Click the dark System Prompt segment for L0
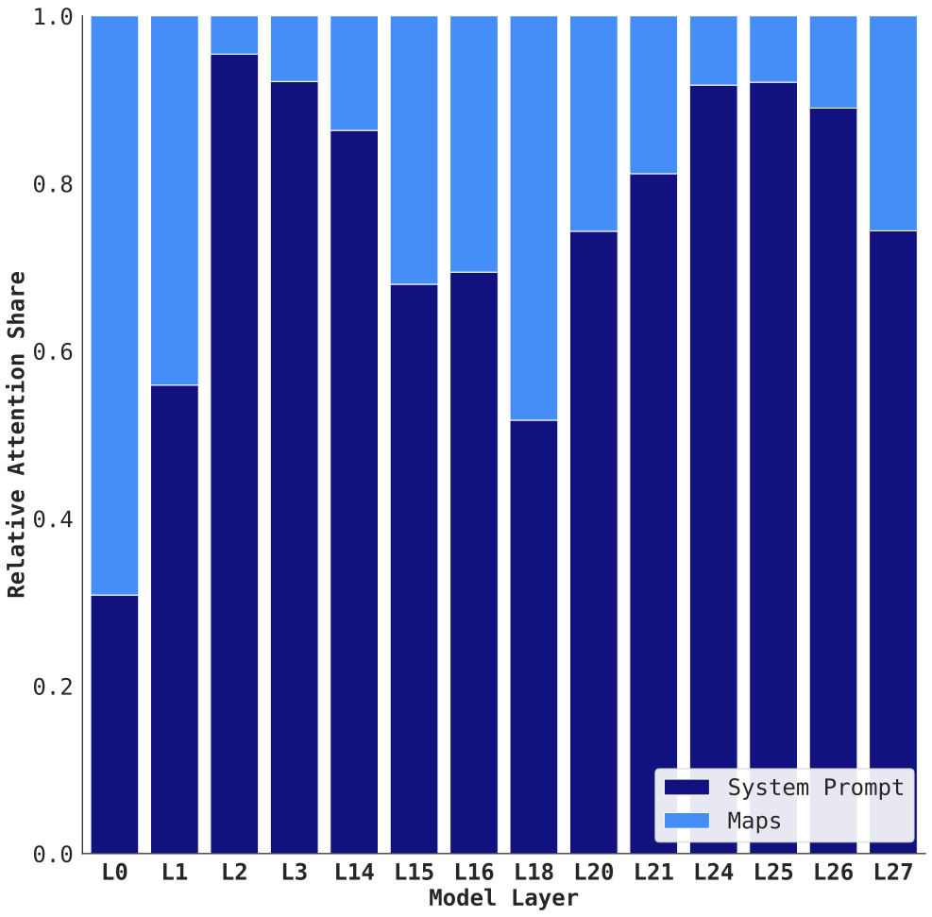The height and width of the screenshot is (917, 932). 114,723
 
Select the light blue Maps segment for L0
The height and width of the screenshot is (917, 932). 114,305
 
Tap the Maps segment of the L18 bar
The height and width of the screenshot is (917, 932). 534,218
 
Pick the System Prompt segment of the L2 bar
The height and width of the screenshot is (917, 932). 234,453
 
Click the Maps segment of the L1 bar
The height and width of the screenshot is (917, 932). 175,200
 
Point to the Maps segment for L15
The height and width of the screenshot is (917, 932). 414,150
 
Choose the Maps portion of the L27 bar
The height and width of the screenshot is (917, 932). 892,123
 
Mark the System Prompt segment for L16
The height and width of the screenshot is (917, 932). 474,562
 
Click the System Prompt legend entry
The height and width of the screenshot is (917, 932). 785,788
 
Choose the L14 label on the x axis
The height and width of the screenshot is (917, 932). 354,874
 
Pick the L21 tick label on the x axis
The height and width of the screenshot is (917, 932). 653,874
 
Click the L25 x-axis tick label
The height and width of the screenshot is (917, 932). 773,874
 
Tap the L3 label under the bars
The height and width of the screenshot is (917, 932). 294,874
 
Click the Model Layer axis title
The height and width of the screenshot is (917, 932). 503,898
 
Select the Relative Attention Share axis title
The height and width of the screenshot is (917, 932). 17,434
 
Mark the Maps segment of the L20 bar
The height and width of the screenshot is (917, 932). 594,123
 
